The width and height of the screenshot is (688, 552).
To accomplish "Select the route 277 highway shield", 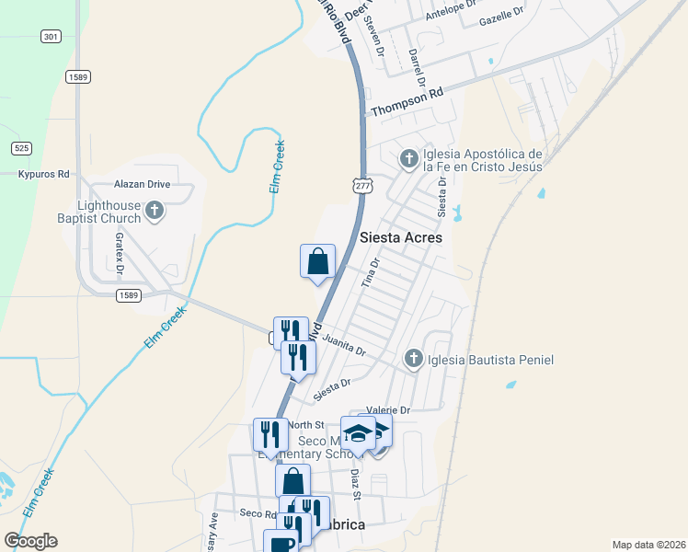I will click(x=362, y=187).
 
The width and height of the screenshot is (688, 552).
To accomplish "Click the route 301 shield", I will click(x=51, y=37).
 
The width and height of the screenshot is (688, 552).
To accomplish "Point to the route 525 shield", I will click(x=22, y=147).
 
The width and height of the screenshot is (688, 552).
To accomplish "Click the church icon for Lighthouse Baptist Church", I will click(x=155, y=211).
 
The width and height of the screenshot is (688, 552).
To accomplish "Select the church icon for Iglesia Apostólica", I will click(x=408, y=160).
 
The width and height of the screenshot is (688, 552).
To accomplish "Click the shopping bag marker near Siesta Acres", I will click(x=317, y=260).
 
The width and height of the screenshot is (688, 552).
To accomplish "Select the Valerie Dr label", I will click(x=388, y=409).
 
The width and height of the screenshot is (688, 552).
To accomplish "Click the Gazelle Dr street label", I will click(x=501, y=13).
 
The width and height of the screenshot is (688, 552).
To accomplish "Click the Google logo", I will click(x=31, y=540).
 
